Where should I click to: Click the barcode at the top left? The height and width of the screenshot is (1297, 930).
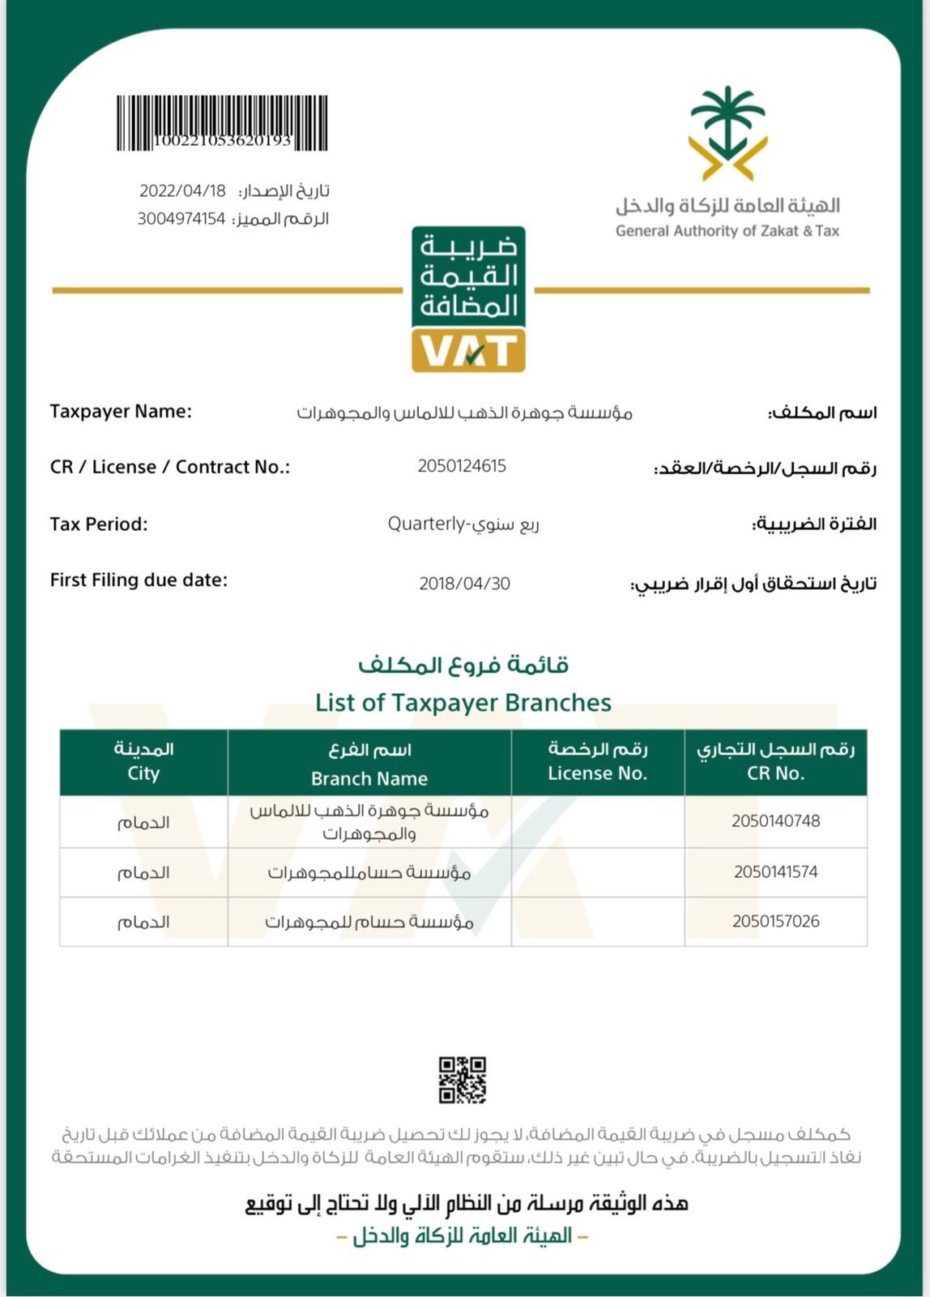[x=222, y=123]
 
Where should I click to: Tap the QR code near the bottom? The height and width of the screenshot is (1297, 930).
[x=463, y=1080]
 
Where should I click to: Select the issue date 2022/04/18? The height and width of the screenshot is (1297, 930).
[x=182, y=191]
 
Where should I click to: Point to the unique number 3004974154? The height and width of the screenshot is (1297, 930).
[x=181, y=219]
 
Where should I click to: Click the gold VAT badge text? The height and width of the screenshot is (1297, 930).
[x=468, y=351]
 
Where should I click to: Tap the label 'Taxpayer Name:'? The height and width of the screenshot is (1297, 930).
[x=121, y=411]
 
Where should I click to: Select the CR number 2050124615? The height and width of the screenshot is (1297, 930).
[x=462, y=466]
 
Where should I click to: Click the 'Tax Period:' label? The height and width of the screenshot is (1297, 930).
[x=99, y=524]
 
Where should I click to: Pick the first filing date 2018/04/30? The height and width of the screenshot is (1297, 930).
[x=464, y=584]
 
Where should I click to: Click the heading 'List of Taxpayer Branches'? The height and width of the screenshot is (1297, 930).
[x=463, y=702]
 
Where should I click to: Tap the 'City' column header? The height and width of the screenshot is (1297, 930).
[x=143, y=773]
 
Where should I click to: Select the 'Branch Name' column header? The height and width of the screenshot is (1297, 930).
[x=369, y=778]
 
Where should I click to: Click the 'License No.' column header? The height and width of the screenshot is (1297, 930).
[x=598, y=773]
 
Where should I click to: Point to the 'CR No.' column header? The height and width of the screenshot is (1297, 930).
[x=775, y=773]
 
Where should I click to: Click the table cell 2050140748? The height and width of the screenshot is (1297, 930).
[x=775, y=821]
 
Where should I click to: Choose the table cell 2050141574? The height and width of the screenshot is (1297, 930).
[x=775, y=872]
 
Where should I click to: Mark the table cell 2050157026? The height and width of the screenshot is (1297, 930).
[x=775, y=922]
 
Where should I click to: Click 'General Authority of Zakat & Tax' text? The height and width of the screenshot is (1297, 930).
[x=727, y=231]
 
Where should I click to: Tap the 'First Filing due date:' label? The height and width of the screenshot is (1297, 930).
[x=139, y=580]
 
